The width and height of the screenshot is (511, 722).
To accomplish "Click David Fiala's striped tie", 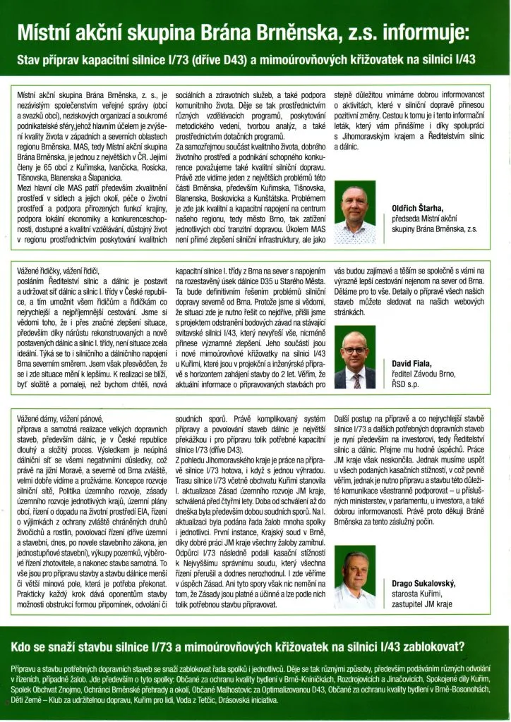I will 356,381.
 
